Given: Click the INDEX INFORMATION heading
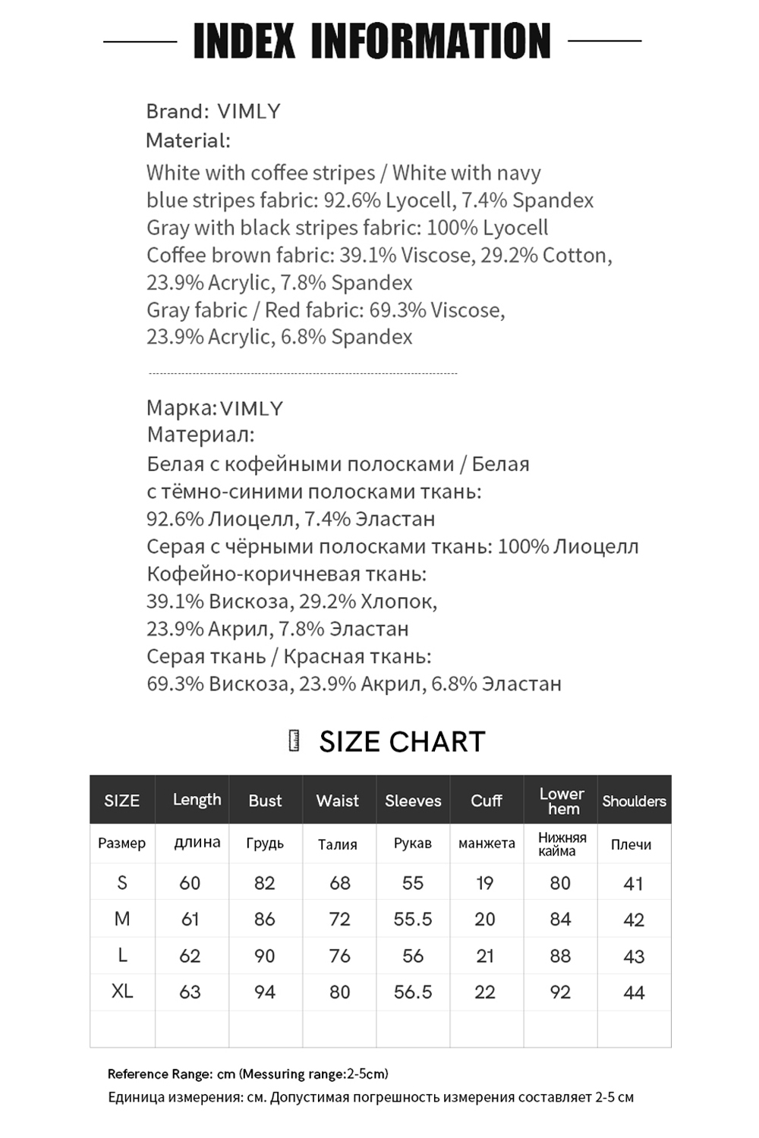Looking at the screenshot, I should [372, 41].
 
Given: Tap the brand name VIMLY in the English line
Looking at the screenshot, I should [249, 112].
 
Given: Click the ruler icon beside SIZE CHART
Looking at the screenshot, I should [294, 741].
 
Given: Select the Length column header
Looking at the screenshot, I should [197, 800].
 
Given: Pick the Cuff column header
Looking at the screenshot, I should [487, 800].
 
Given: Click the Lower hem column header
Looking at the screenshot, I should [562, 801].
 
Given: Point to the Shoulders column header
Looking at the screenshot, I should [634, 801].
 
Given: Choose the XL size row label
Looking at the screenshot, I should [122, 991].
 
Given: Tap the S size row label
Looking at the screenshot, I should [122, 882].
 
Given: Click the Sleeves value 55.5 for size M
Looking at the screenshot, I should [413, 920].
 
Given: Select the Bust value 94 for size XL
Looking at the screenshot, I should [265, 992].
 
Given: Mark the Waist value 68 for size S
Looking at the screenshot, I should [340, 883].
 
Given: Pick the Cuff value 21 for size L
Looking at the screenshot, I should [485, 956].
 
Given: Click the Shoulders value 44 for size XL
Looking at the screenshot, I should [634, 992].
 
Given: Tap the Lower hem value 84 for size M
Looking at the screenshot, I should [560, 920].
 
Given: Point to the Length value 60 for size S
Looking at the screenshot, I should [190, 883].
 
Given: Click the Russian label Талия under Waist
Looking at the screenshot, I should [338, 844].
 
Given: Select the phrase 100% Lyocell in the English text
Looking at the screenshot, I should [487, 228].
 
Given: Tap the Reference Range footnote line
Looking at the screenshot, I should [247, 1074].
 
